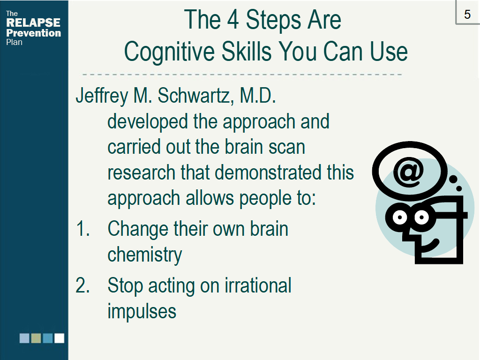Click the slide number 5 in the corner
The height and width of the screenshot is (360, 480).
(467, 15)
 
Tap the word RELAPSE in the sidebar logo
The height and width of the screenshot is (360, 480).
(33, 22)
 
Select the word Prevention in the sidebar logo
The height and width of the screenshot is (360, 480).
(33, 33)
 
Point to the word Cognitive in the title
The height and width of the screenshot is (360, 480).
(169, 52)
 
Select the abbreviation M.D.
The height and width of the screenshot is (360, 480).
(258, 96)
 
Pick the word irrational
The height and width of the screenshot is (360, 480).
(258, 285)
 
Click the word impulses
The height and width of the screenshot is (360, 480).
(142, 312)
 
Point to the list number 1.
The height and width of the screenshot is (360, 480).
(82, 229)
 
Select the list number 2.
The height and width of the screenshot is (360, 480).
(82, 285)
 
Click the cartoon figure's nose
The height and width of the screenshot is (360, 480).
(408, 235)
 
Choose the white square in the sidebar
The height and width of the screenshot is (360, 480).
(60, 338)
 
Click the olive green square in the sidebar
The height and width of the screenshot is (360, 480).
(36, 338)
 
